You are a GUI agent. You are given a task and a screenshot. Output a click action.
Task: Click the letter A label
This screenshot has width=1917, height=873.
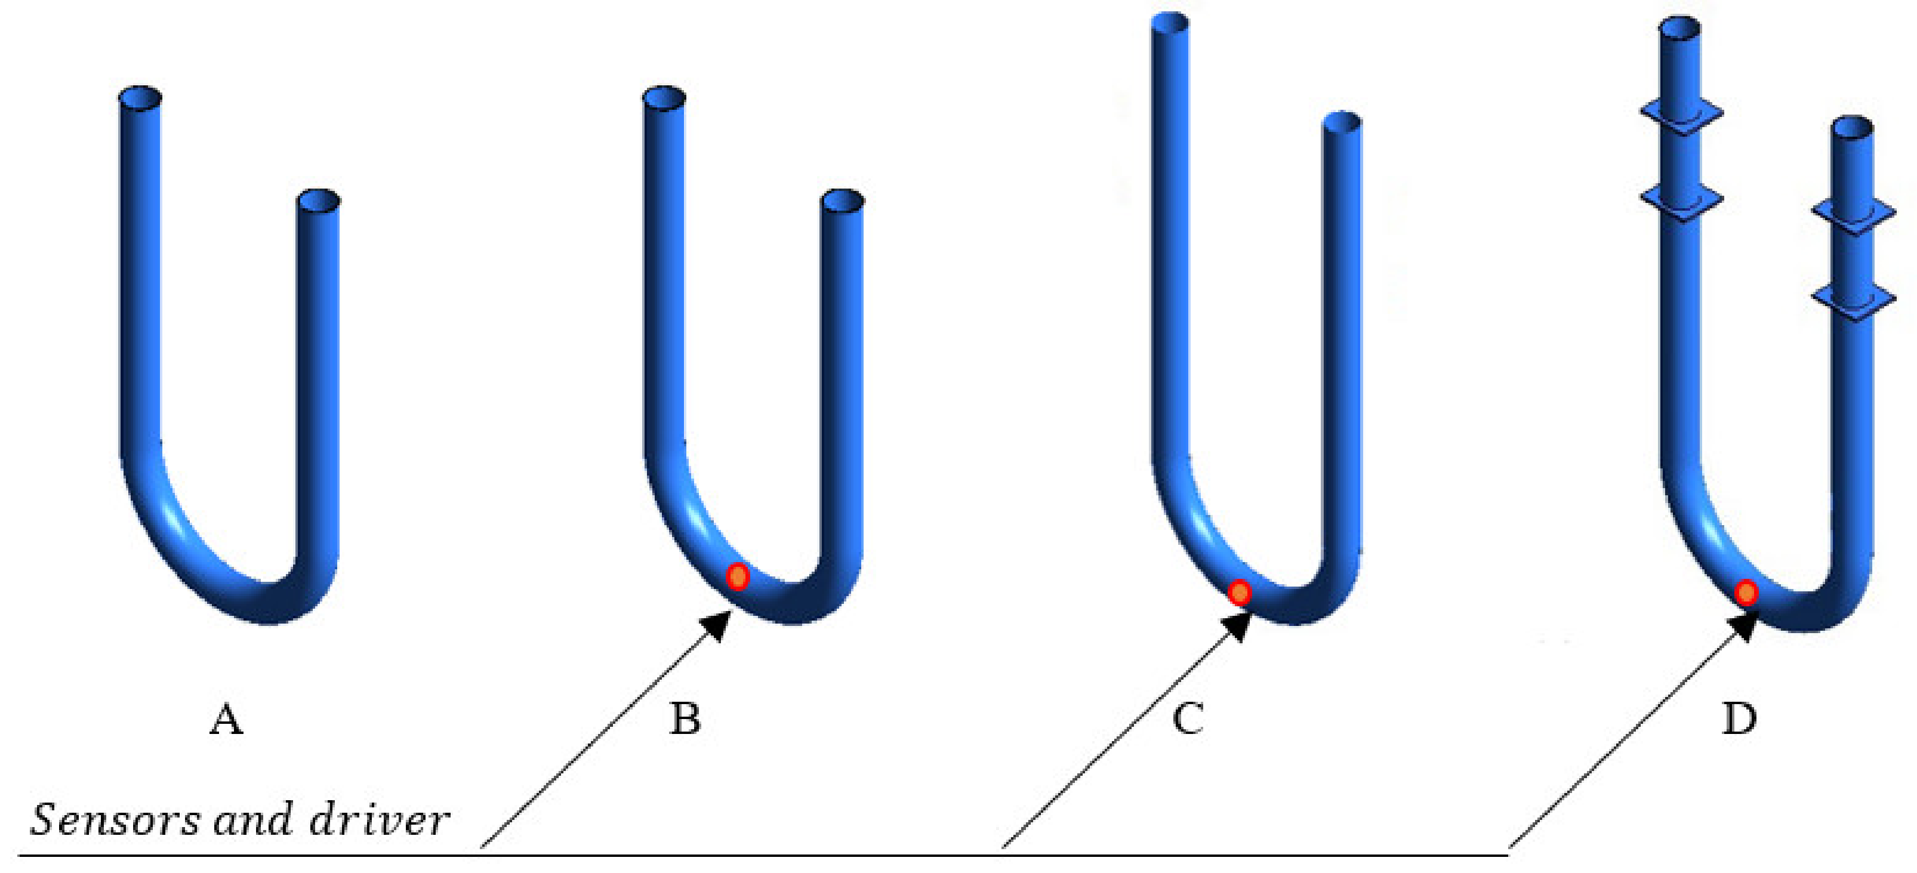pyautogui.click(x=226, y=720)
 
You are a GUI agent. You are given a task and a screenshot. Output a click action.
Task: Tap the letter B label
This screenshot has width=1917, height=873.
pyautogui.click(x=685, y=720)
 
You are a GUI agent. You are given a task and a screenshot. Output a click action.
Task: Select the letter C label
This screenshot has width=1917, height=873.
pyautogui.click(x=1188, y=720)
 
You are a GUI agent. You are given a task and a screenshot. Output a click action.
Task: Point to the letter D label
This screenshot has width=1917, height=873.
pyautogui.click(x=1740, y=720)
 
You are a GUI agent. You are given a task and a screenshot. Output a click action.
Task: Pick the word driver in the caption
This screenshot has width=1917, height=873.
pyautogui.click(x=379, y=819)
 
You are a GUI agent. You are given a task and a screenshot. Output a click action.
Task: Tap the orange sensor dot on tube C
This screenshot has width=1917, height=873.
pyautogui.click(x=1239, y=593)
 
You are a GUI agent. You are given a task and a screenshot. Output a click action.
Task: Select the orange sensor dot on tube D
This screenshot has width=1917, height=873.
pyautogui.click(x=1746, y=593)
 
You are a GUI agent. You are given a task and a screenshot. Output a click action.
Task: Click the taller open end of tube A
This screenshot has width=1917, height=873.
pyautogui.click(x=140, y=97)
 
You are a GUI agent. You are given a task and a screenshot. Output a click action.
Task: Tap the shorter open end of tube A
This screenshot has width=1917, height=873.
pyautogui.click(x=319, y=200)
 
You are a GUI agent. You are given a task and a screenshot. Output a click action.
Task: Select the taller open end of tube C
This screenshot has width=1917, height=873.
pyautogui.click(x=1170, y=22)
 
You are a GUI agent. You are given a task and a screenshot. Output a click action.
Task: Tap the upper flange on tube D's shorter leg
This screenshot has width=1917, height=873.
pyautogui.click(x=1853, y=213)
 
